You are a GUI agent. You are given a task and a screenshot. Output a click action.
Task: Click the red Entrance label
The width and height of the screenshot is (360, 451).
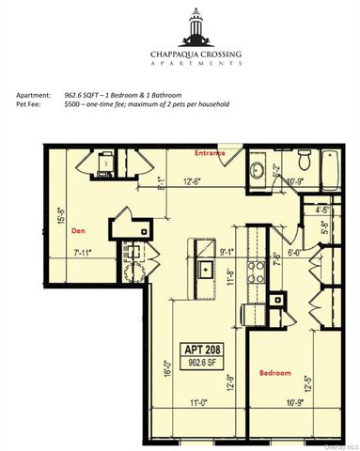208,152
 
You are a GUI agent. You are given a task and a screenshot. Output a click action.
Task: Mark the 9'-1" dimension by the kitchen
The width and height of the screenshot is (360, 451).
226,251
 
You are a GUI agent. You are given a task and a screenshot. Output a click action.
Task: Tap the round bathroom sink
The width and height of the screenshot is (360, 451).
257,170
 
